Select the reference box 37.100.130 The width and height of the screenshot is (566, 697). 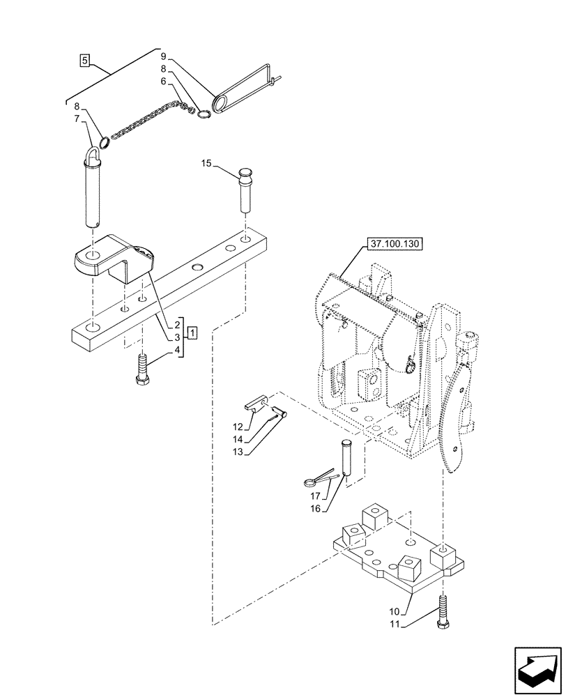pos(397,244)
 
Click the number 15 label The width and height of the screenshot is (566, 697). pos(206,164)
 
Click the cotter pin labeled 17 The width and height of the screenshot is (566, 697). pos(320,479)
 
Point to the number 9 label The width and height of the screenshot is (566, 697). pos(162,55)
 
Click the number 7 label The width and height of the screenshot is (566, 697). pos(78,118)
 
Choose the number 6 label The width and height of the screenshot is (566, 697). pos(162,82)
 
